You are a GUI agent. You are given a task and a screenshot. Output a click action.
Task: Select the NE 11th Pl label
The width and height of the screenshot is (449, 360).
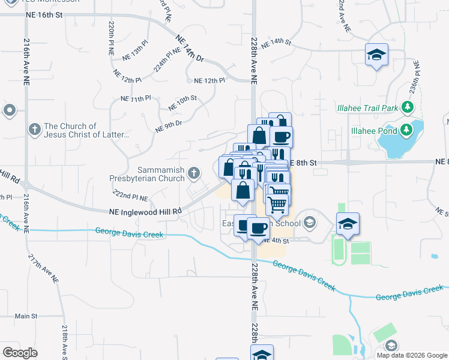point(136,98)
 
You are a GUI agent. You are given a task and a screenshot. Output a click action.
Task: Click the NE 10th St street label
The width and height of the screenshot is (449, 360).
point(182,103)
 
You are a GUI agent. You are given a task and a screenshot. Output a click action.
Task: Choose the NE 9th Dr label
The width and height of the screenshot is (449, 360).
point(168,127)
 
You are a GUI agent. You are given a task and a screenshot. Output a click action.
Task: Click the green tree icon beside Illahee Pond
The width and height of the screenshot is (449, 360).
point(406,129)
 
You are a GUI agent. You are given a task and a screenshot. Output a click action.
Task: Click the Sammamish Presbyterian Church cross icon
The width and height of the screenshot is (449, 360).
point(193,173)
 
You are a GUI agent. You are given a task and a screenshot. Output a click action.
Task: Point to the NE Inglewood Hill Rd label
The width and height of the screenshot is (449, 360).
point(145,211)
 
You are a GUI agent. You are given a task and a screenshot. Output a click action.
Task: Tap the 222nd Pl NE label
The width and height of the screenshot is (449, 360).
point(130,197)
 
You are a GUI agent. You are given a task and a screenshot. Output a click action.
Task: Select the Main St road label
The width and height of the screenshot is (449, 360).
point(26,316)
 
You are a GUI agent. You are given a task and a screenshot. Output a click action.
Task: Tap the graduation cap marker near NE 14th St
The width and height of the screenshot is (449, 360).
point(376,55)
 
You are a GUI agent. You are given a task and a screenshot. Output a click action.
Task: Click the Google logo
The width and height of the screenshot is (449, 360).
point(20,353)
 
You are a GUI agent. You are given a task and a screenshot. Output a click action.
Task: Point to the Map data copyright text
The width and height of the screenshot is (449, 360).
point(412,355)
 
